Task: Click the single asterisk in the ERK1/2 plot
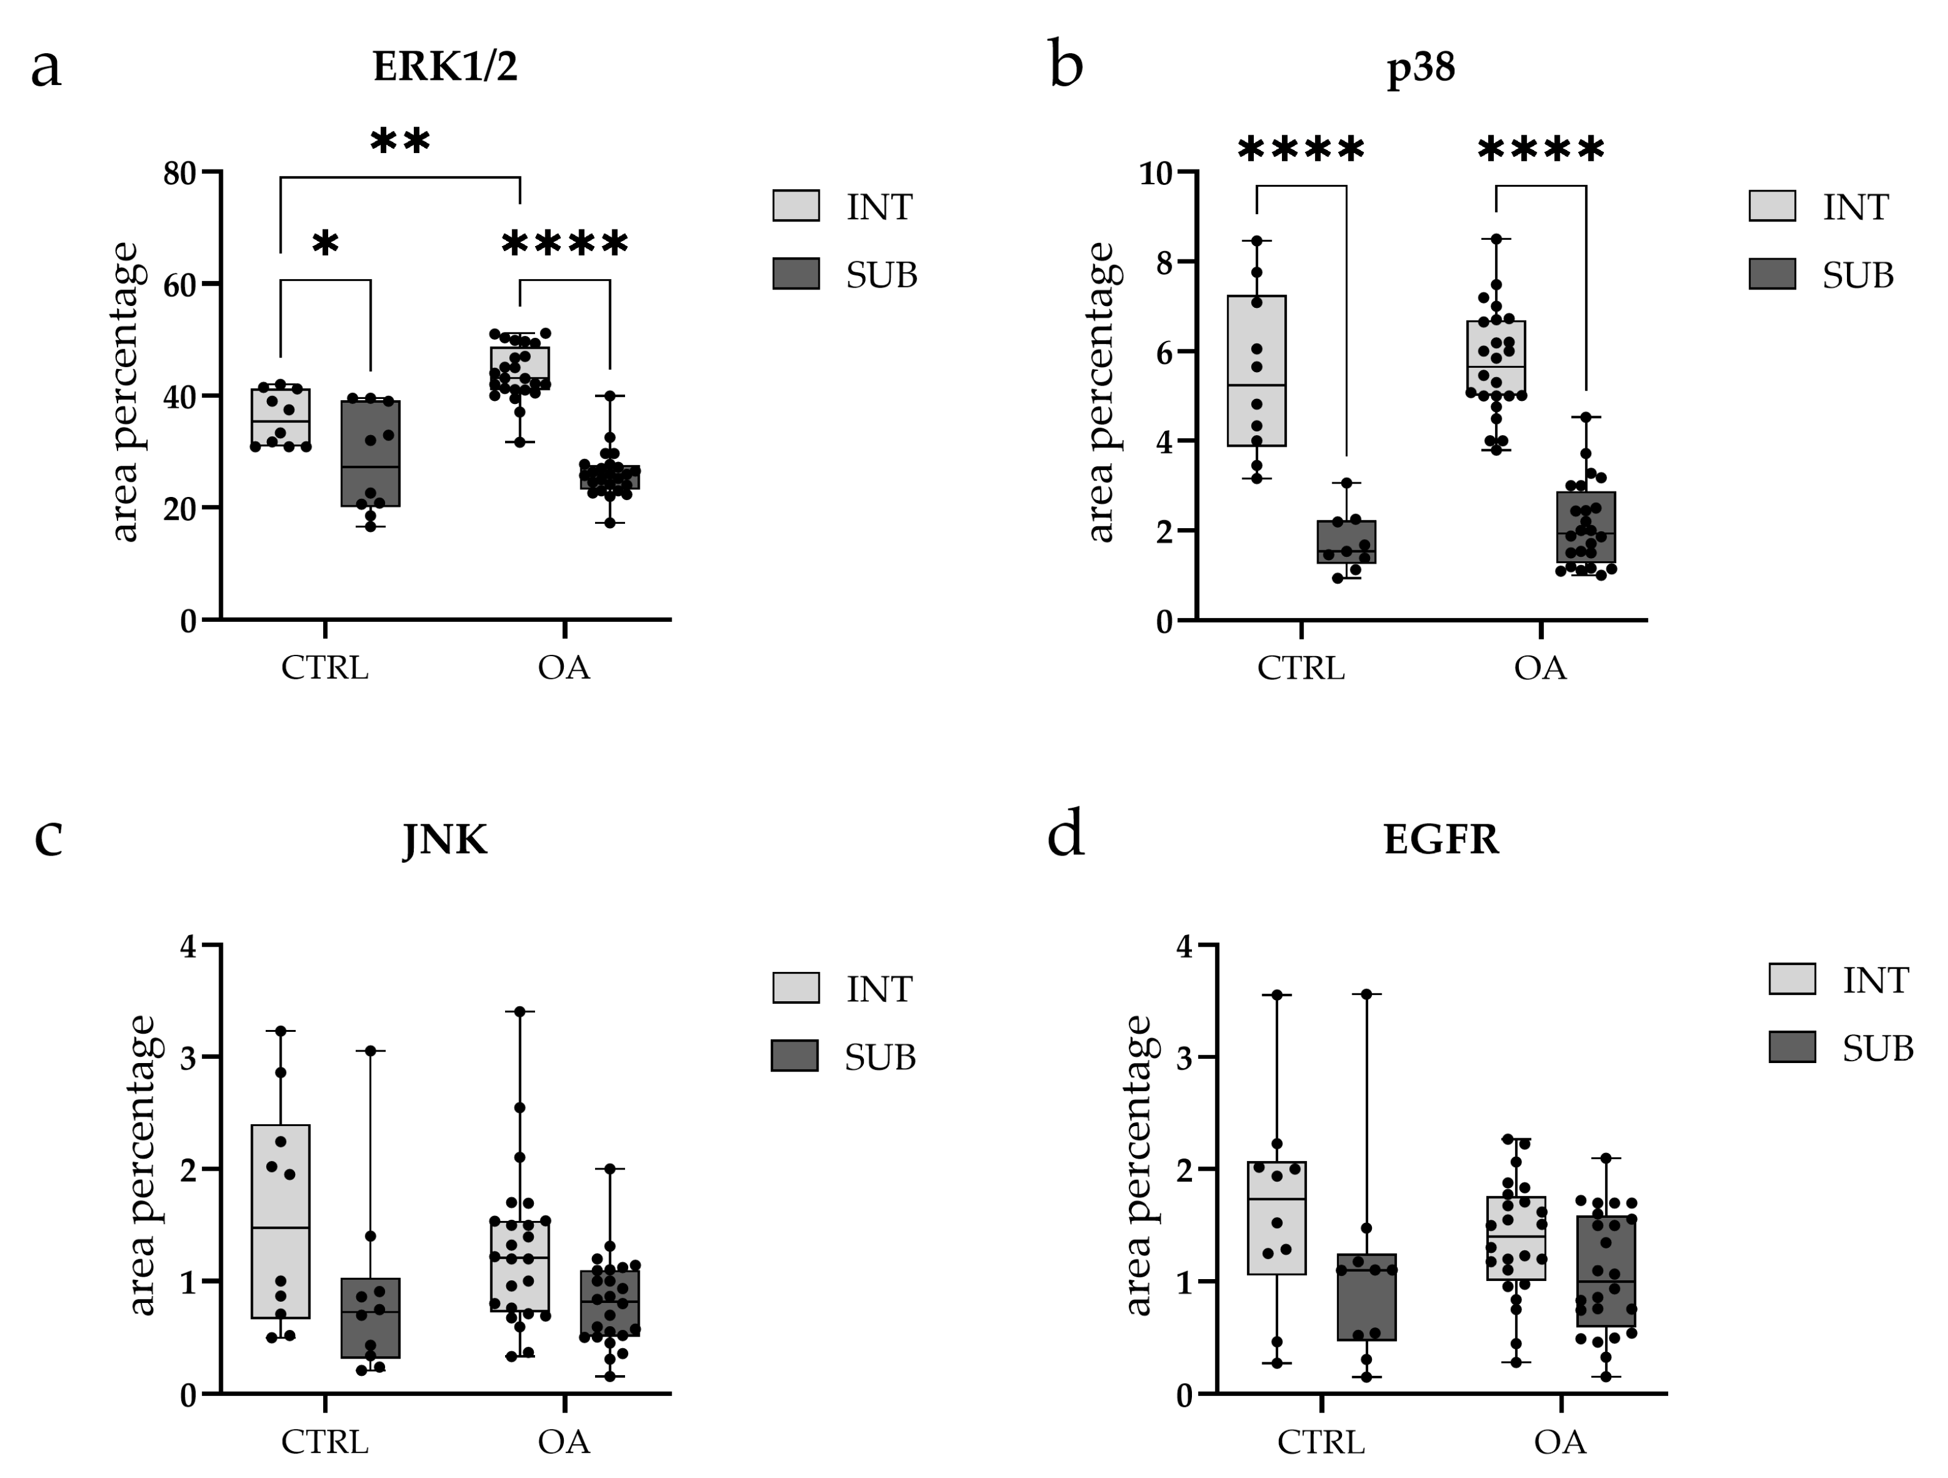point(325,244)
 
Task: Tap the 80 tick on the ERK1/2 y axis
point(179,173)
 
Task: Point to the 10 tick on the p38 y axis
point(1156,173)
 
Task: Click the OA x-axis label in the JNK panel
point(564,1442)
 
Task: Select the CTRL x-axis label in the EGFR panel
point(1321,1442)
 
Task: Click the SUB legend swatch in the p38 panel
point(1772,274)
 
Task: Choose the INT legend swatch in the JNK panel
point(795,988)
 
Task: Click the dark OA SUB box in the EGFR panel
point(1606,1272)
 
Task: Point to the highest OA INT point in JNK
point(520,1012)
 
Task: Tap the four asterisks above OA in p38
point(1540,150)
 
